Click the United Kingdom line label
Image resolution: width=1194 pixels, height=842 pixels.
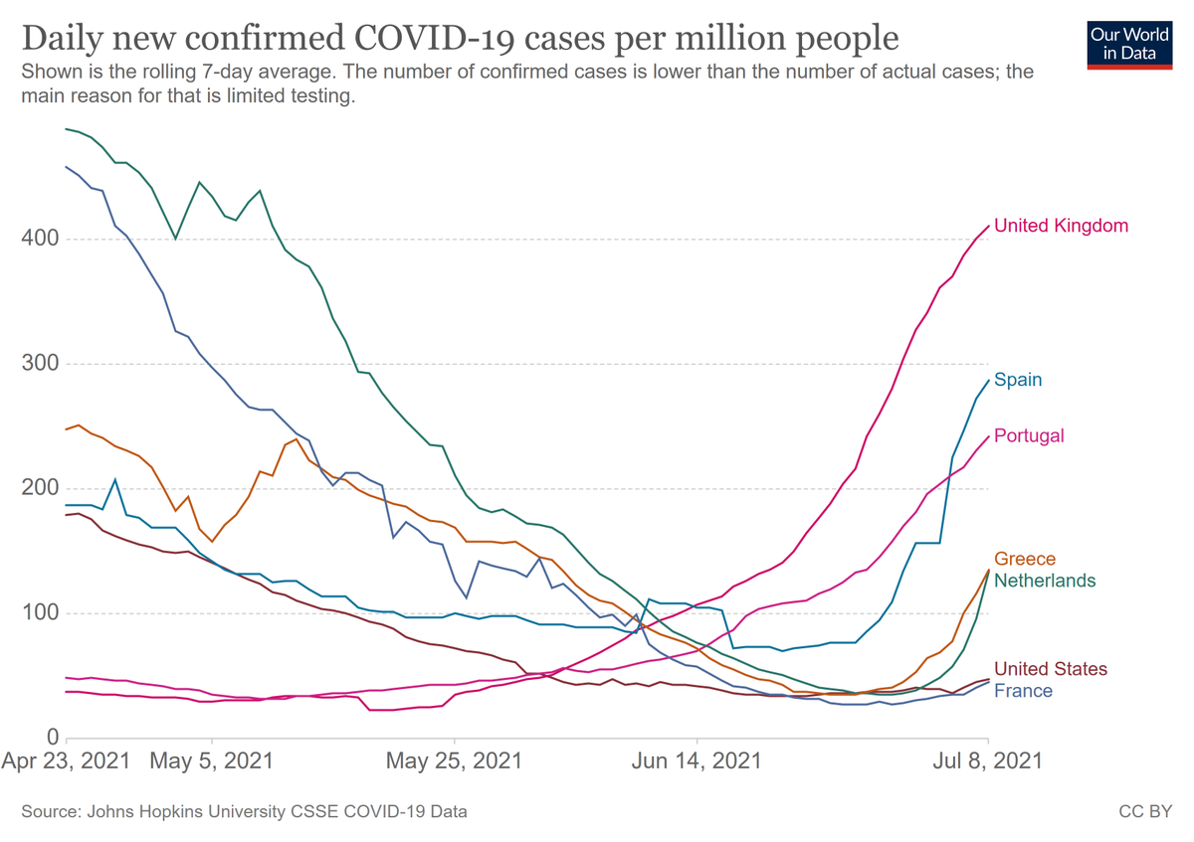click(x=1061, y=226)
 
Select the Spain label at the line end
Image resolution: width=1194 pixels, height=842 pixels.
click(x=1018, y=380)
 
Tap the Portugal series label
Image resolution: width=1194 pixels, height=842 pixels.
click(x=1029, y=435)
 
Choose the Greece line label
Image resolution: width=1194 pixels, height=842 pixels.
click(x=1025, y=559)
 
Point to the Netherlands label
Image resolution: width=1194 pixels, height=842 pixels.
click(x=1044, y=581)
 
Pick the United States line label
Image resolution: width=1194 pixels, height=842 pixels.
click(x=1051, y=669)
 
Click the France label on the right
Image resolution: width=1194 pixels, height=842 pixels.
click(x=1023, y=691)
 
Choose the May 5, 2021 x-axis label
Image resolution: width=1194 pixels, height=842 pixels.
click(x=212, y=761)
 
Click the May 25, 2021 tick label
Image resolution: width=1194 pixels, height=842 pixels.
click(x=455, y=761)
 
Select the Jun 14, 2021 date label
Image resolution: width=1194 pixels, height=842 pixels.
click(x=697, y=761)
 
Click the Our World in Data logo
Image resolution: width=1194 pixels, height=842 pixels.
click(x=1129, y=42)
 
